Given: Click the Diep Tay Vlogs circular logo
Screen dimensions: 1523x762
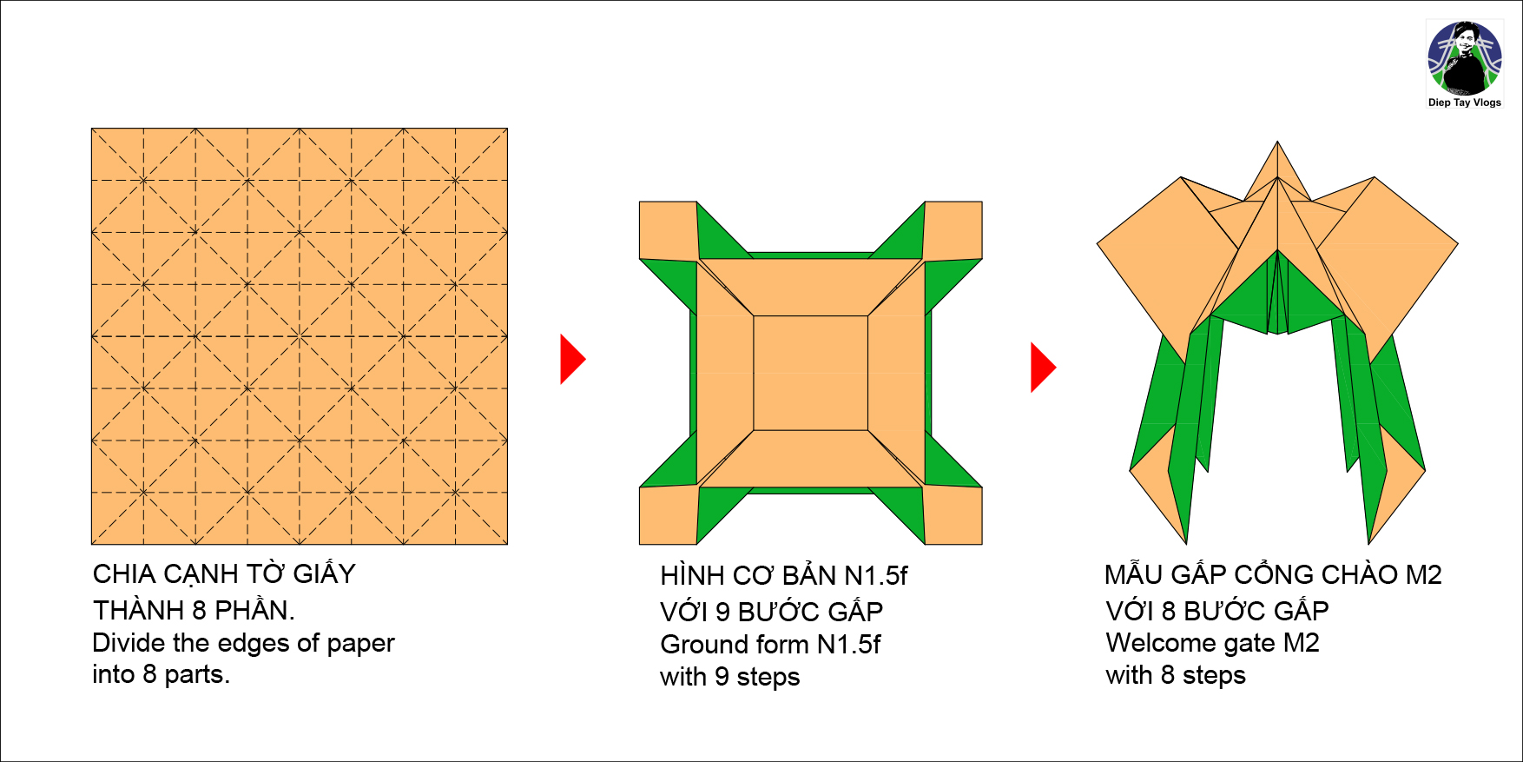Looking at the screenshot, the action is pos(1465,58).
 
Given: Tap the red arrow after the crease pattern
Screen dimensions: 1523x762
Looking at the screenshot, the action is pos(573,359).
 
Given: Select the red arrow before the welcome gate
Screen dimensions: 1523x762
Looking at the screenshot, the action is pos(1043,368).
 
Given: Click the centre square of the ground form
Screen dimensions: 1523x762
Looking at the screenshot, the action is pos(811,373).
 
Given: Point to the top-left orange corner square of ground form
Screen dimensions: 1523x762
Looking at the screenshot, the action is pos(669,230).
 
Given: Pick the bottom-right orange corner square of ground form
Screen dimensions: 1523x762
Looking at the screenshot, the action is pos(953,515).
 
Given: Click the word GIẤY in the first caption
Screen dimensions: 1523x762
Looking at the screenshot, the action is pos(324,573).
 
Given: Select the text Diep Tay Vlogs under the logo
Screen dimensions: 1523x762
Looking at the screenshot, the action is pos(1465,103).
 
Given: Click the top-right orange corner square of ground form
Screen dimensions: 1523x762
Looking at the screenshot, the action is pos(953,230).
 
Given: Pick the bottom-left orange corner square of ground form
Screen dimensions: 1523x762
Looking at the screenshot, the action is pos(669,515).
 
